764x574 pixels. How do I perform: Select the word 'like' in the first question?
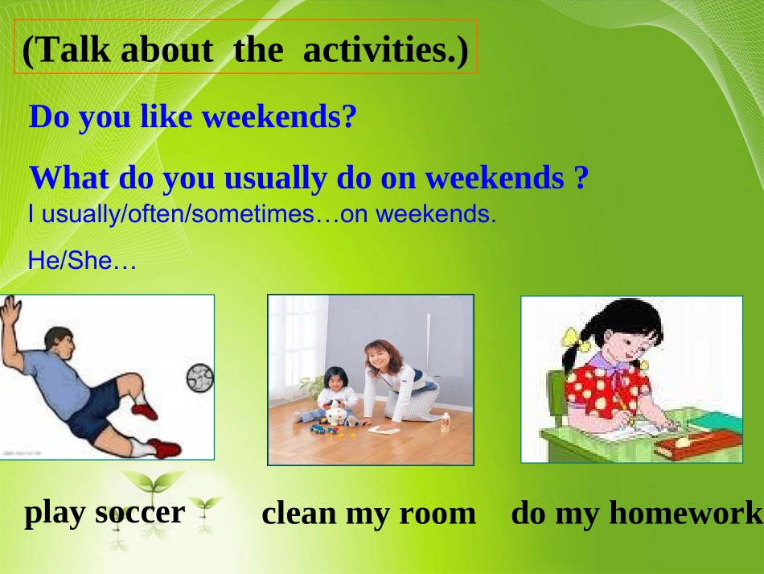click(x=166, y=116)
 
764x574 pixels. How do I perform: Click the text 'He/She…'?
click(x=82, y=260)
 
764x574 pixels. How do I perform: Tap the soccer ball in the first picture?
click(x=199, y=378)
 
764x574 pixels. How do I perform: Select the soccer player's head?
click(x=60, y=344)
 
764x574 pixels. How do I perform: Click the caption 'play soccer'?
click(x=105, y=514)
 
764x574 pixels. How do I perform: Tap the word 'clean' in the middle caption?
click(x=298, y=513)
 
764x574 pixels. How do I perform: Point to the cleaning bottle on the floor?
click(x=445, y=423)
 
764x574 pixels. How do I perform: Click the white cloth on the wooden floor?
click(x=383, y=429)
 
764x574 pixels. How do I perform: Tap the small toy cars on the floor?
click(x=324, y=430)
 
